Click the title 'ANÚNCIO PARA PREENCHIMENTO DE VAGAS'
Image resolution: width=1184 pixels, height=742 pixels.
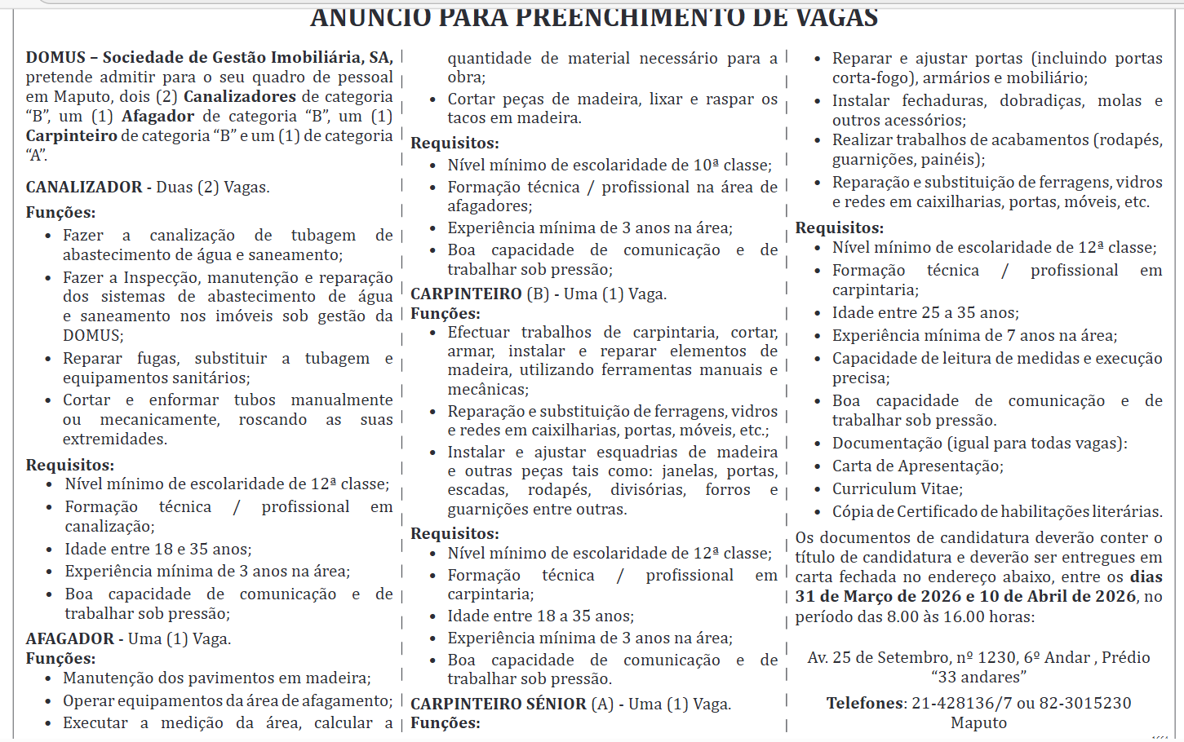(594, 16)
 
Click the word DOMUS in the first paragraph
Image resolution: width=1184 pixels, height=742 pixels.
(55, 57)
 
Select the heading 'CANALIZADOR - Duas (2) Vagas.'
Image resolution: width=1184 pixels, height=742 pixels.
(148, 187)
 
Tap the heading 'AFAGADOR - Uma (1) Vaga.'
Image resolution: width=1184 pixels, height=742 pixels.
(128, 638)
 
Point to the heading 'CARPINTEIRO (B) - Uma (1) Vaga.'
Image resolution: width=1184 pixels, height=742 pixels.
(539, 294)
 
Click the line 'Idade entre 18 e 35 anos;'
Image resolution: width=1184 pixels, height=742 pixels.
(158, 549)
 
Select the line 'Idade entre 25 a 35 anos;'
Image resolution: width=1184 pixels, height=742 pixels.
(925, 312)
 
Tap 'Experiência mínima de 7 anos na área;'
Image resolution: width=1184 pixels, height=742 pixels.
(974, 335)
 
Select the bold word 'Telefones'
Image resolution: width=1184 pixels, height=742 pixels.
(865, 703)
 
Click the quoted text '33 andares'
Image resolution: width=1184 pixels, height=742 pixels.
(978, 677)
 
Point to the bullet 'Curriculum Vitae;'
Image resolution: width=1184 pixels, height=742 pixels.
(897, 488)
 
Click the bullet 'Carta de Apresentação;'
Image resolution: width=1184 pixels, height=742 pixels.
(917, 466)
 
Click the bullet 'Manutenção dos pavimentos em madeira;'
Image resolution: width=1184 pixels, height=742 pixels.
(216, 678)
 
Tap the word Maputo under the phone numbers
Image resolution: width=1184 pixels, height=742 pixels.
(978, 722)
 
